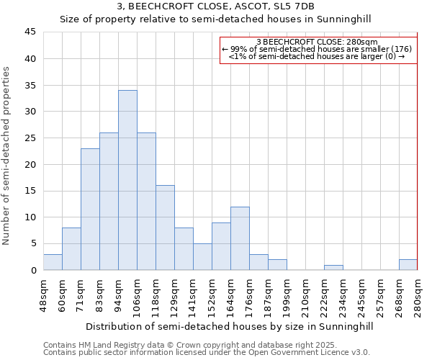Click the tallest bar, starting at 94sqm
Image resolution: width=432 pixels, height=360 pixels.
(127, 180)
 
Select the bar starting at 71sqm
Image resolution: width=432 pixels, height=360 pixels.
(90, 209)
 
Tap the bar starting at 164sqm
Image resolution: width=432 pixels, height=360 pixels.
(240, 238)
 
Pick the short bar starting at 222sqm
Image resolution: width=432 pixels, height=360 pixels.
(333, 267)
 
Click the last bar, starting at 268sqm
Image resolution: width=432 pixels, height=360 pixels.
(408, 264)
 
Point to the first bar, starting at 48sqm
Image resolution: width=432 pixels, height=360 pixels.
(53, 262)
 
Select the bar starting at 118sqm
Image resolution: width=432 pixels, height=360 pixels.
(165, 228)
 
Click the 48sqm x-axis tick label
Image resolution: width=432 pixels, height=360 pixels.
(43, 295)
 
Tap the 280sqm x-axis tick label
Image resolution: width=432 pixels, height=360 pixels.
(418, 295)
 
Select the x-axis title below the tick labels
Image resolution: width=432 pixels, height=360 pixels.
(229, 326)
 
